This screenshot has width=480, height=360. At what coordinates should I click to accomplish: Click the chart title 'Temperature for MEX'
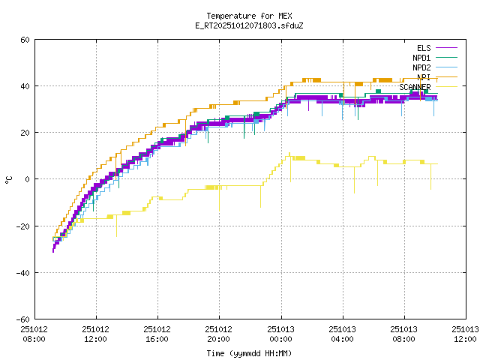249,16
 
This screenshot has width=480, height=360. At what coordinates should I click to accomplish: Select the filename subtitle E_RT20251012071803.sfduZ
249,25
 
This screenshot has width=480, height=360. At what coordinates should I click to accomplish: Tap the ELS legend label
423,48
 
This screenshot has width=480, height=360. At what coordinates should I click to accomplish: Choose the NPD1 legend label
421,58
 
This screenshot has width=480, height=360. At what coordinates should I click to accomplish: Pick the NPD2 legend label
421,67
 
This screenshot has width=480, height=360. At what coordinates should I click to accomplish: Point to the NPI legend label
423,77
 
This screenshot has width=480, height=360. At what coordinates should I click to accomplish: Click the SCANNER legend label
415,87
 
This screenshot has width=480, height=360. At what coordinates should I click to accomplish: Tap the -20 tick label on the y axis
23,226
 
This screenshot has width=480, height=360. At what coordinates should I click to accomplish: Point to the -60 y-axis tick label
23,319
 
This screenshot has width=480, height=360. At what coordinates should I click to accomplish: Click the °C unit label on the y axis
8,179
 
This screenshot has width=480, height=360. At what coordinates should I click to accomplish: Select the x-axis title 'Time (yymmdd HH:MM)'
249,353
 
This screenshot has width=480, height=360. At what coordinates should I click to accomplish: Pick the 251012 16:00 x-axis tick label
157,334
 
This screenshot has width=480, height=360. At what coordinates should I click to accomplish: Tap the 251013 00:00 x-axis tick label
280,334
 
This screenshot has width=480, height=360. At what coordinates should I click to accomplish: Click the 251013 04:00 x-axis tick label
343,334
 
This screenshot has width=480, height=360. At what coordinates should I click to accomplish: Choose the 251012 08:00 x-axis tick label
33,334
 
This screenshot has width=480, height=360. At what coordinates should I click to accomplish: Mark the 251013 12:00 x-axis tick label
466,334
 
